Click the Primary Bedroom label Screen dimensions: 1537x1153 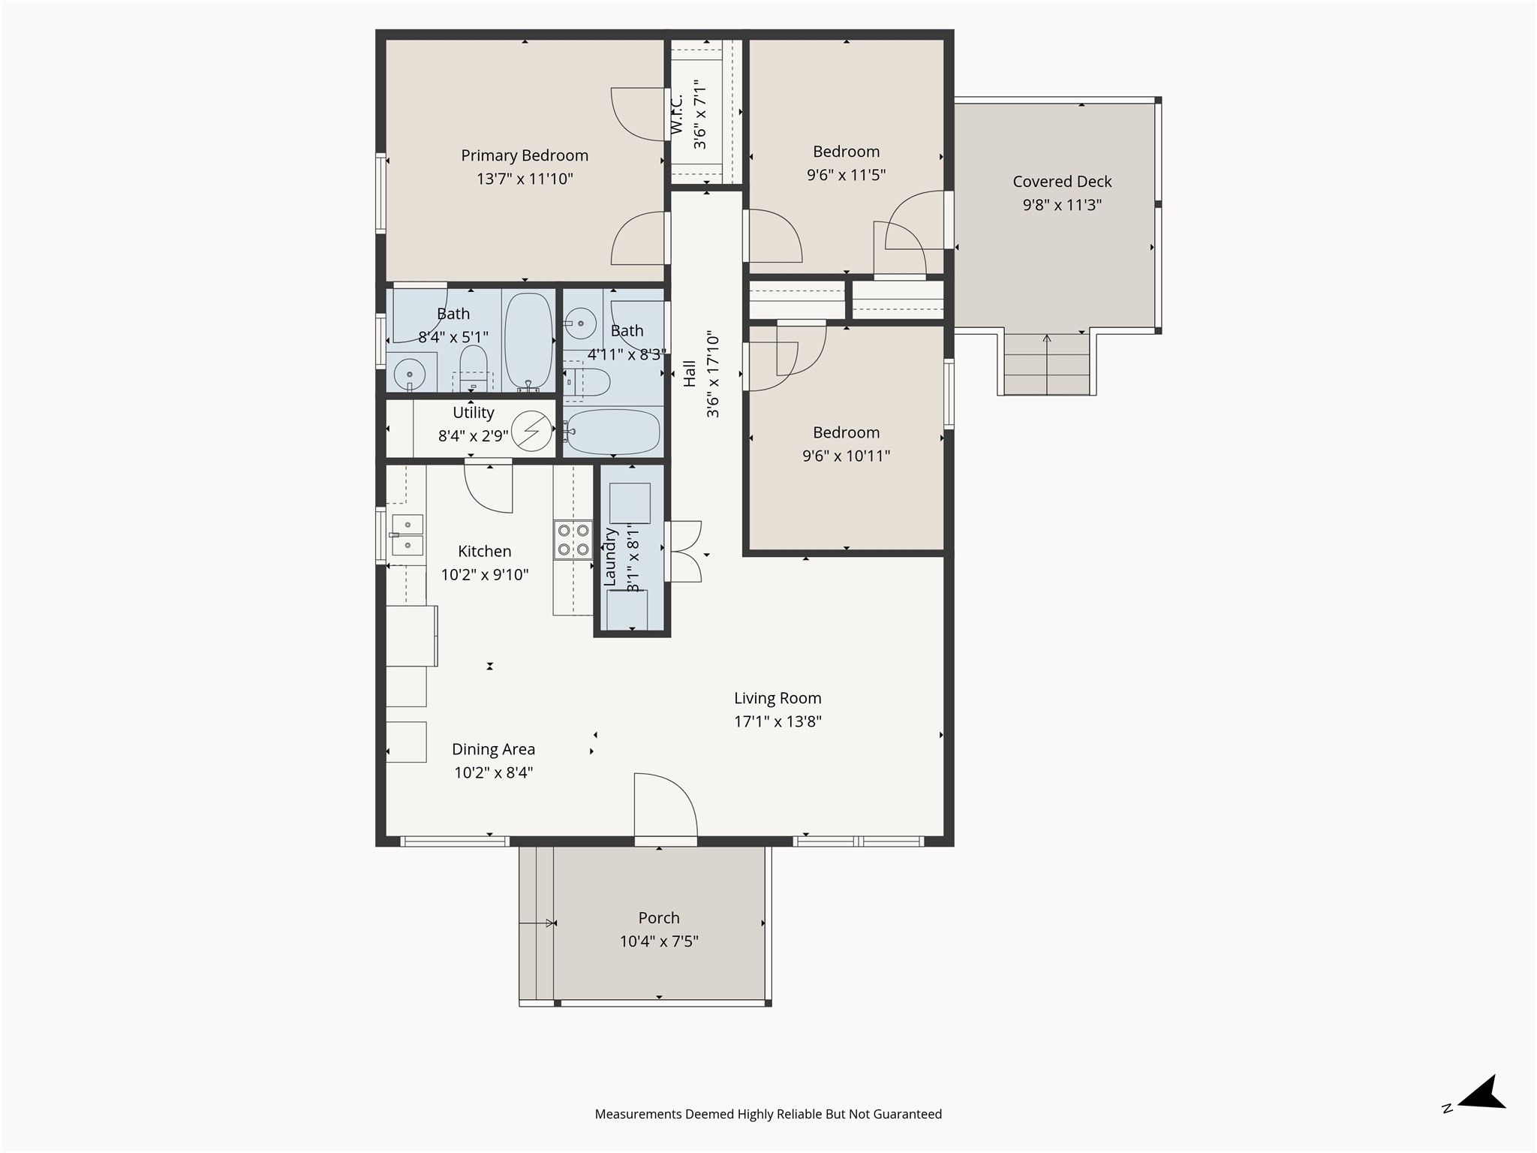point(525,155)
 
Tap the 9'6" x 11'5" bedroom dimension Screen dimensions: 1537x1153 point(846,175)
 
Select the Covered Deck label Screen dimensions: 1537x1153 point(1062,182)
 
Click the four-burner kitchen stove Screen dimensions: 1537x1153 point(573,540)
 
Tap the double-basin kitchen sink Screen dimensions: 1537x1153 point(408,534)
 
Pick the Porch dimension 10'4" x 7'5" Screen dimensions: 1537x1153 point(659,941)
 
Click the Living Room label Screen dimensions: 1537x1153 point(778,698)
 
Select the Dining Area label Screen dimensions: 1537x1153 point(493,749)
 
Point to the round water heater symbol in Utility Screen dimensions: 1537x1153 point(531,431)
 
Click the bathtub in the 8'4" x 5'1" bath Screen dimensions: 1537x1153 point(528,341)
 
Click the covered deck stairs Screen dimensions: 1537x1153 point(1046,364)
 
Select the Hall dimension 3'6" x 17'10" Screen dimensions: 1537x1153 point(712,375)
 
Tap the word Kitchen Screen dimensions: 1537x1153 point(485,551)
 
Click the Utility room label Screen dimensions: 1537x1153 point(474,412)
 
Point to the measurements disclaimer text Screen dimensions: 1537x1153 point(768,1114)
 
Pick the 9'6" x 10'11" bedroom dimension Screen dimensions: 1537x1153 point(846,456)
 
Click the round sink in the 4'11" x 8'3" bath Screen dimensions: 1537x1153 point(579,324)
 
